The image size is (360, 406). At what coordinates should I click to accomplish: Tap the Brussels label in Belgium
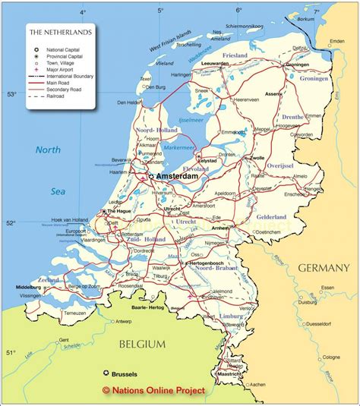coord(126,374)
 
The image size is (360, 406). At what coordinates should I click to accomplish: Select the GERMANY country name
coord(324,268)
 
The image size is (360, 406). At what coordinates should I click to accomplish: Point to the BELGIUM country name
coord(142,345)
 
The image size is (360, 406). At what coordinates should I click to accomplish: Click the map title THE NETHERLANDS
coord(60,33)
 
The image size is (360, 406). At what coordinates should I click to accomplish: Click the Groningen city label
coord(297,65)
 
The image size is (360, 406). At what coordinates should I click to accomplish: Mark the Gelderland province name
coord(270,217)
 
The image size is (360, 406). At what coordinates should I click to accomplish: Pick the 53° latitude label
coord(11,95)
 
